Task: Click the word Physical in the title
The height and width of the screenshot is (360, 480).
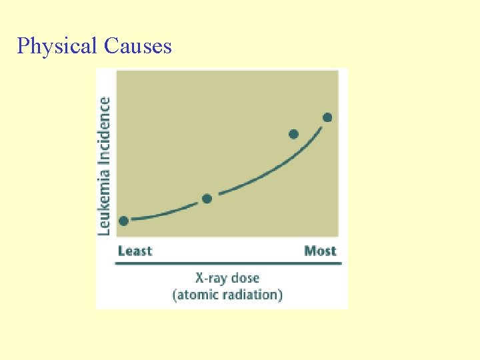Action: pos(57,46)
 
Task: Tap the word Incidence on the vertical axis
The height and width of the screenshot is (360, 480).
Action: pos(105,130)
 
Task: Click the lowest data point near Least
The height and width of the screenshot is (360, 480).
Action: pos(123,221)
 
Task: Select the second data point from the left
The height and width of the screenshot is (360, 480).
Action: pos(207,199)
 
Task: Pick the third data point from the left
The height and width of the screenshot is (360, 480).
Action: pos(293,134)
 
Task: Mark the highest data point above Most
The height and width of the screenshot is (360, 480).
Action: pos(327,117)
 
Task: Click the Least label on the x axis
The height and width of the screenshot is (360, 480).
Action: pos(135,251)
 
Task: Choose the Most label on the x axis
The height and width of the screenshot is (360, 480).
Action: pos(320,251)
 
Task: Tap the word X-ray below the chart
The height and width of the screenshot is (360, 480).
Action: pos(209,278)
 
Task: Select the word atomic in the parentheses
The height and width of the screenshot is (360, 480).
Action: pos(195,294)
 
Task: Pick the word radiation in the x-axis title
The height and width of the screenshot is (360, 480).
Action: pos(253,294)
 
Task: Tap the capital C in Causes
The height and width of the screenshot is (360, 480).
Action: pos(111,46)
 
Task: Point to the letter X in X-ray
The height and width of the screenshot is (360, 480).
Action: pos(199,278)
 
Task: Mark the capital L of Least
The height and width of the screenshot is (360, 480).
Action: pos(121,251)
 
